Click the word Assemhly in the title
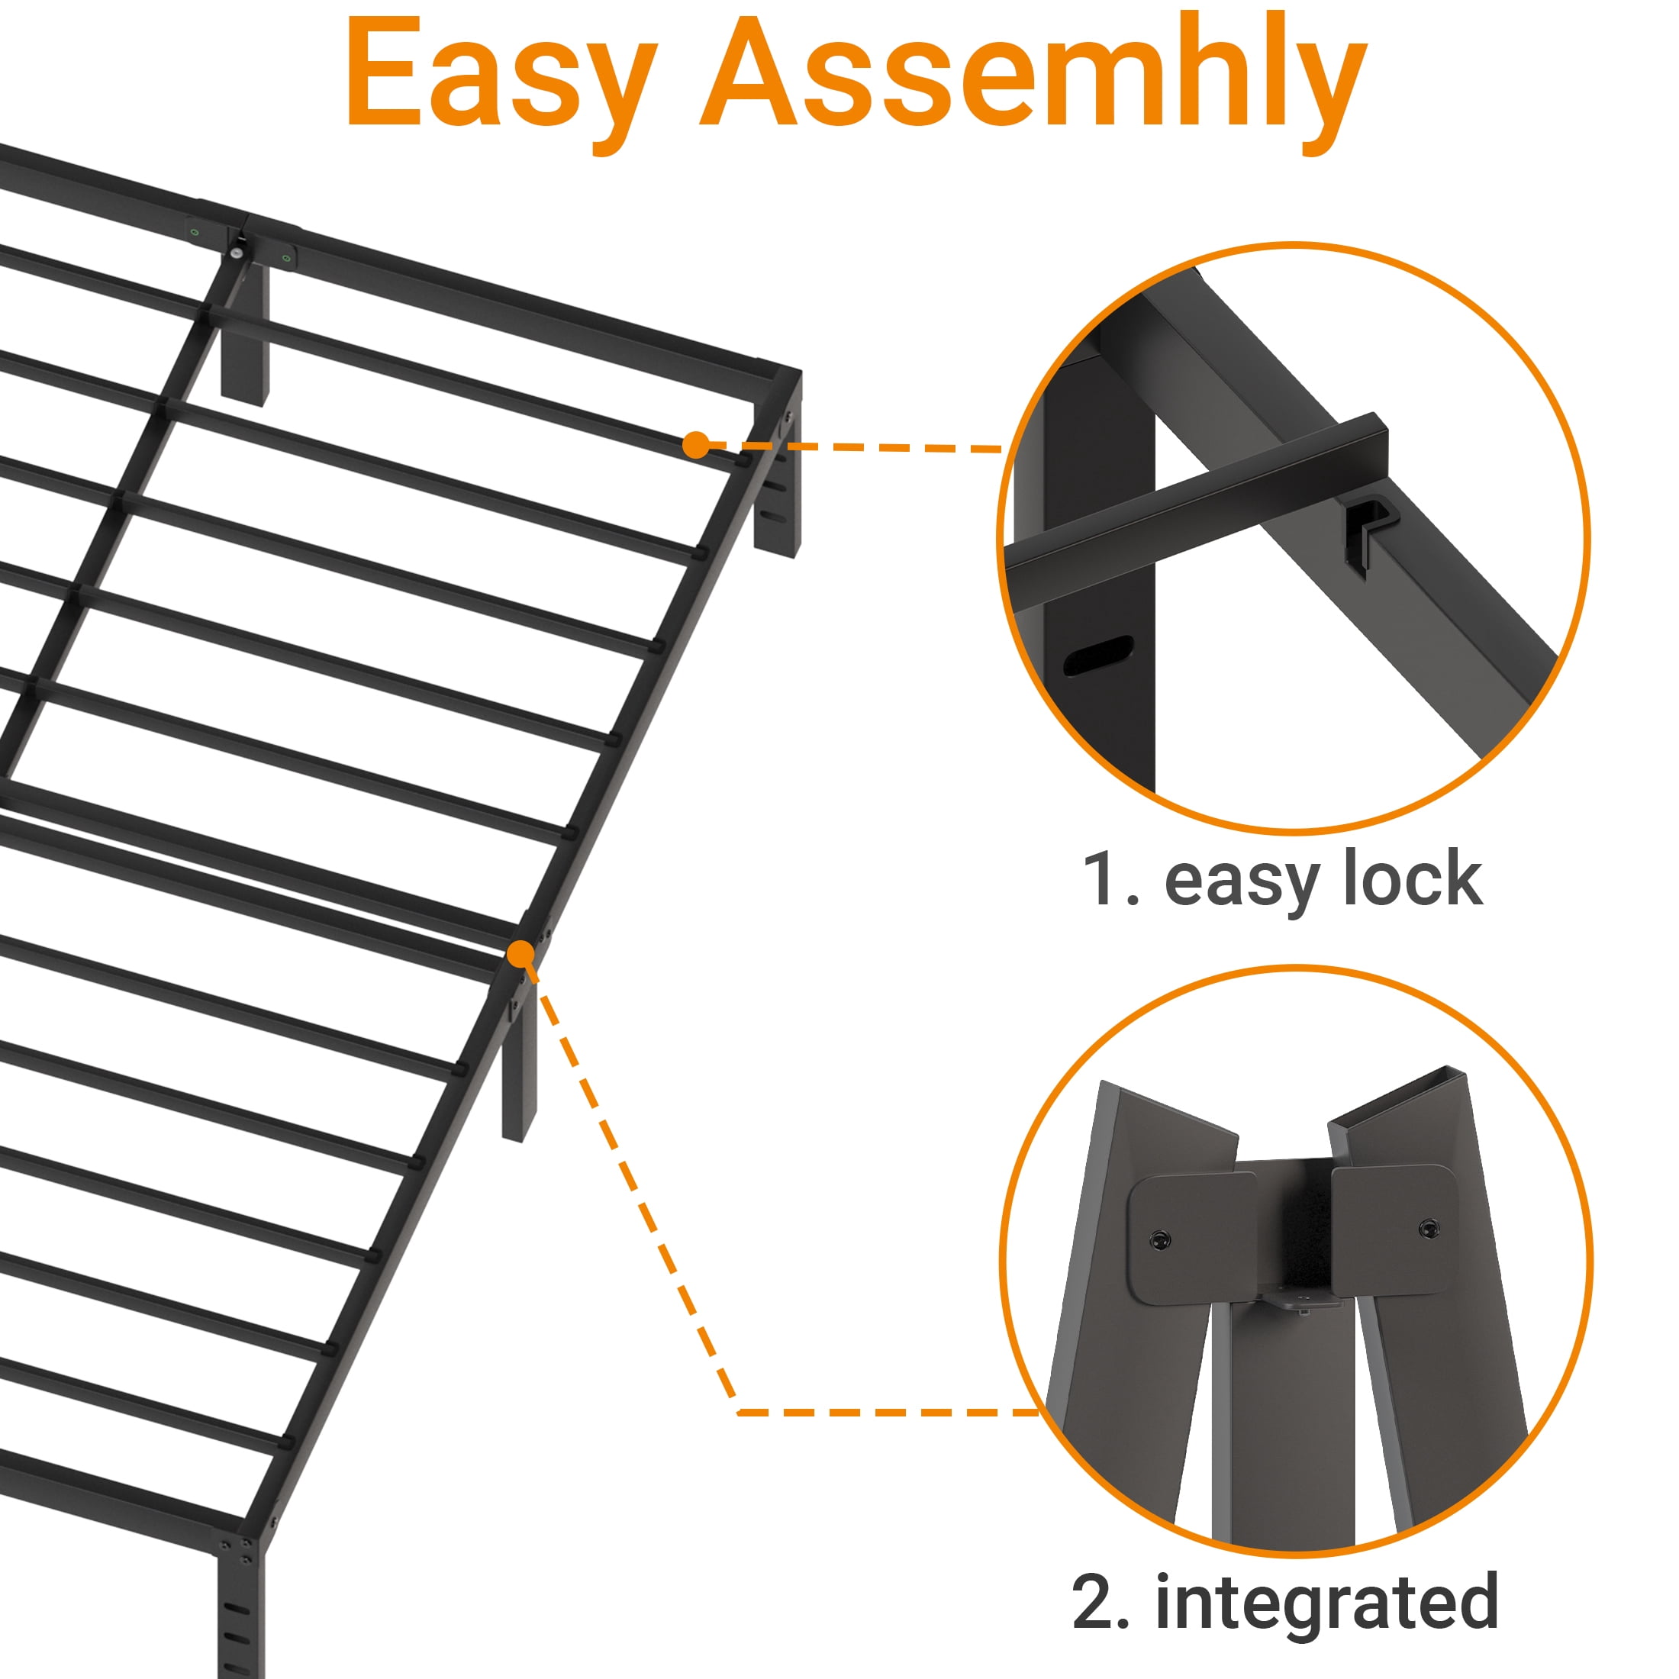point(1034,82)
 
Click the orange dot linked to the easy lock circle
point(695,445)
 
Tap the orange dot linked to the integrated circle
point(520,953)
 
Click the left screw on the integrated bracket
point(1159,1239)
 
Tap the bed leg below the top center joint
point(244,330)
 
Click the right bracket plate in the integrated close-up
point(1394,1229)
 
